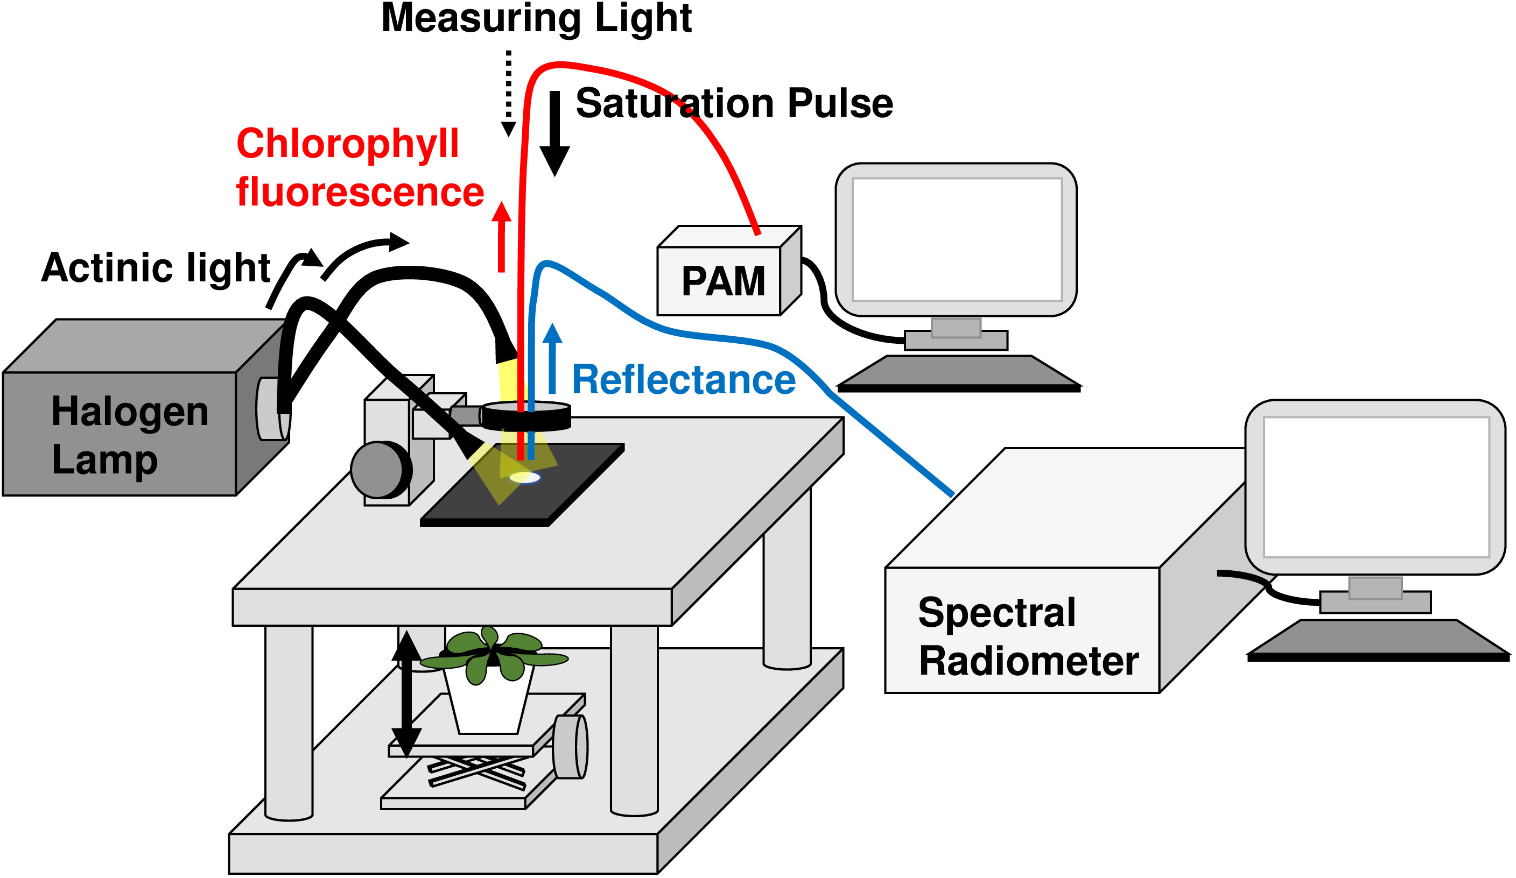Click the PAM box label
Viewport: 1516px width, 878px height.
tap(722, 281)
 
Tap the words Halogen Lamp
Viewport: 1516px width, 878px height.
tap(129, 435)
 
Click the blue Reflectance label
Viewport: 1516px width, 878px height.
tap(683, 380)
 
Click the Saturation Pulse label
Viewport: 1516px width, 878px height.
tap(734, 103)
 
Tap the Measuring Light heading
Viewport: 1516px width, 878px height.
tap(537, 18)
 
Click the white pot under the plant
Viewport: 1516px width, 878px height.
tap(488, 704)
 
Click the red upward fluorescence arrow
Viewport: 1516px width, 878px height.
tap(501, 238)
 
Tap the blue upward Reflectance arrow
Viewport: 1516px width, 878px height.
tap(552, 359)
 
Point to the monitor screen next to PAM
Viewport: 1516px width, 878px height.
tap(957, 239)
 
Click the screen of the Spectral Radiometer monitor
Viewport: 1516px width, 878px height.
tap(1377, 487)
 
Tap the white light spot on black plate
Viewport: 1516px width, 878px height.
tap(524, 478)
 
